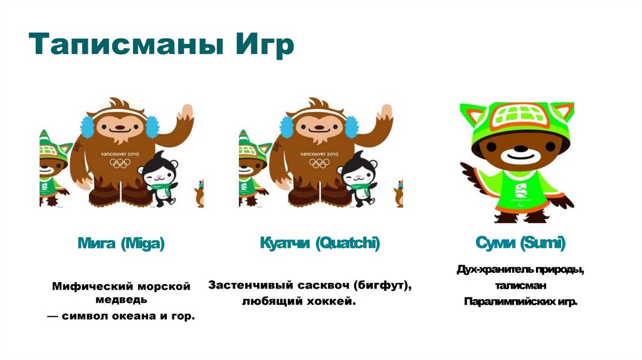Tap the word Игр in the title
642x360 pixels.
click(x=264, y=47)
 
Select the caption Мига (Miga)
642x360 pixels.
click(x=120, y=243)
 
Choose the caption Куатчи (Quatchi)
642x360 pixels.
click(x=320, y=243)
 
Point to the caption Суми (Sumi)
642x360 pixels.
click(x=520, y=243)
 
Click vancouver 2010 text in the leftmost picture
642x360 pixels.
click(x=121, y=153)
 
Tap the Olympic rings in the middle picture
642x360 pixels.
click(x=320, y=163)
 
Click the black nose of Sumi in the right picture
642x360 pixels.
click(x=517, y=151)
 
